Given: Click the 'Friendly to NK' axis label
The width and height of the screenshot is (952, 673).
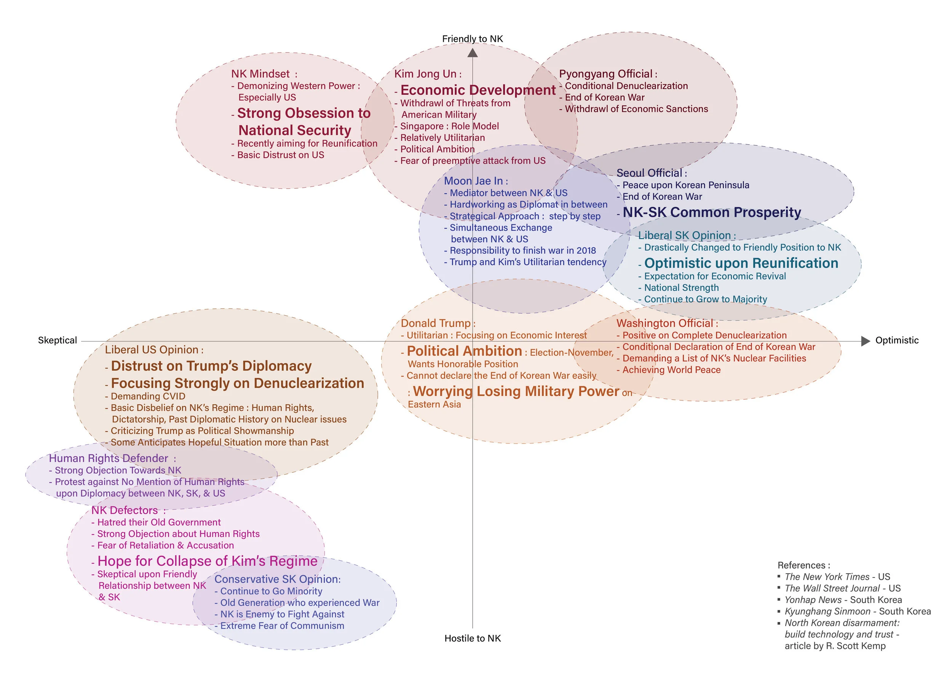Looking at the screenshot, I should pyautogui.click(x=472, y=39).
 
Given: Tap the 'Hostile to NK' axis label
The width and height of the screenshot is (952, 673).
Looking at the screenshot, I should pyautogui.click(x=472, y=638).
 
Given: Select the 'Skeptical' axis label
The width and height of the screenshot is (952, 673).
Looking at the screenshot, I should pyautogui.click(x=57, y=340).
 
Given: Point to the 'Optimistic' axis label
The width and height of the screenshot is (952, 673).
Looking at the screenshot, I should pyautogui.click(x=896, y=340).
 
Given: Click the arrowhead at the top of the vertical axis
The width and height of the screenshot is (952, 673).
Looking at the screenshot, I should pyautogui.click(x=472, y=53).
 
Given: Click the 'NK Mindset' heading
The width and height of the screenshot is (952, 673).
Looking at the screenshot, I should pyautogui.click(x=260, y=74).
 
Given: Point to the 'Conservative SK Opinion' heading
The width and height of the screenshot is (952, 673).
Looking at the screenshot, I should pyautogui.click(x=277, y=579).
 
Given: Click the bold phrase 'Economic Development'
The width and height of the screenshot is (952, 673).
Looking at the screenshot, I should pyautogui.click(x=478, y=90).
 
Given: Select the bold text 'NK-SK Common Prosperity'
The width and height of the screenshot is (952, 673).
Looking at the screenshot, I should pyautogui.click(x=711, y=212).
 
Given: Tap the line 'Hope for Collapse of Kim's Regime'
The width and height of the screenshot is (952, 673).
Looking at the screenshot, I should pyautogui.click(x=207, y=561).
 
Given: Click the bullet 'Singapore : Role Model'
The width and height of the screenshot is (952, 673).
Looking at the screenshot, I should pyautogui.click(x=449, y=126).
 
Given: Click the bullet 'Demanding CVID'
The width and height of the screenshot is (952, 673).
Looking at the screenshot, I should pyautogui.click(x=148, y=396).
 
